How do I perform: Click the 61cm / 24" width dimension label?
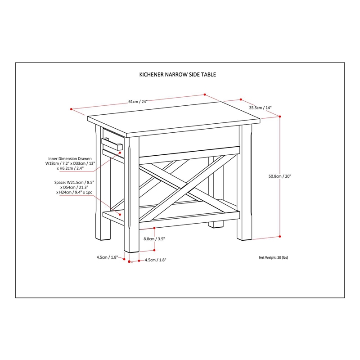click(x=138, y=102)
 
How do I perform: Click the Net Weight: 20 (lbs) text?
click(x=273, y=258)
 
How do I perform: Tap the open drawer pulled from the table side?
click(x=112, y=145)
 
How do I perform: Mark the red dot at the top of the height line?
click(x=280, y=117)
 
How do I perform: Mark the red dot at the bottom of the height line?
click(x=280, y=236)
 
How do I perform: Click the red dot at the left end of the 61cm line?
click(x=72, y=109)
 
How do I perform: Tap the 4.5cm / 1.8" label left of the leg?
click(x=107, y=257)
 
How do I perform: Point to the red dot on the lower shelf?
click(x=120, y=215)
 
